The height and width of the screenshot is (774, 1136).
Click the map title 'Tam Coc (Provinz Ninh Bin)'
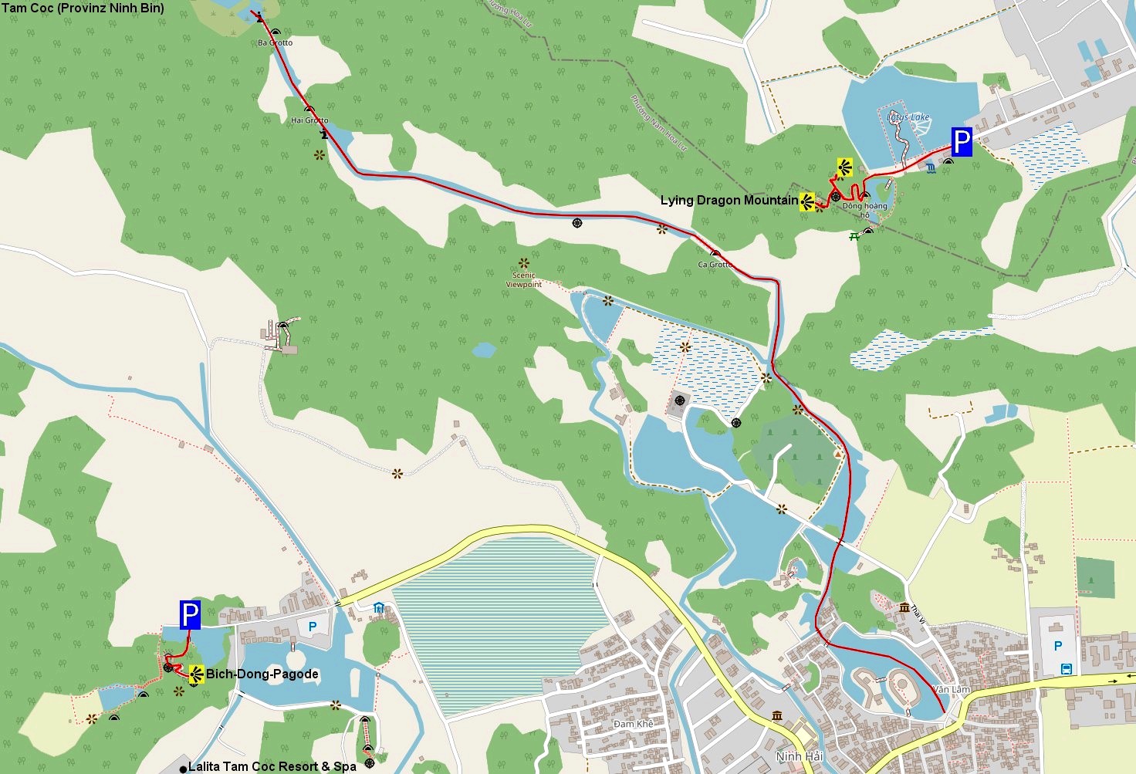[x=83, y=8]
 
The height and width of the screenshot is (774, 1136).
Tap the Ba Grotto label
[x=276, y=43]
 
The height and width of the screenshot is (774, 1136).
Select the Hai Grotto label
[x=309, y=120]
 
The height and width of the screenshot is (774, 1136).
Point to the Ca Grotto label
[x=715, y=265]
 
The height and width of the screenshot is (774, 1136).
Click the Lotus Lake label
[x=908, y=117]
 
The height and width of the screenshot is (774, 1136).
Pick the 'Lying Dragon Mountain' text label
[x=729, y=201]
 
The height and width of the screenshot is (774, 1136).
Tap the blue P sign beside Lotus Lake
[x=961, y=143]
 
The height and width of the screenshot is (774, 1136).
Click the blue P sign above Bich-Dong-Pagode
[x=190, y=614]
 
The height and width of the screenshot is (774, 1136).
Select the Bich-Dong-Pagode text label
[x=262, y=674]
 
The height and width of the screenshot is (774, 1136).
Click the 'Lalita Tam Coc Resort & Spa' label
[x=272, y=766]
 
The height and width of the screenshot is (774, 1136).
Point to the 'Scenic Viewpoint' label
[x=524, y=279]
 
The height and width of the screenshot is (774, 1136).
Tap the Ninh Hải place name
[x=799, y=756]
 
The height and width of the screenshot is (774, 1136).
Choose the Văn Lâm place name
[x=951, y=689]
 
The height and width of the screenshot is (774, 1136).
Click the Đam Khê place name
[x=634, y=724]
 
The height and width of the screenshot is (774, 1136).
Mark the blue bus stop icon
[x=1066, y=669]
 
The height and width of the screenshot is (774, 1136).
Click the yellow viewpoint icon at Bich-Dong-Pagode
[x=196, y=674]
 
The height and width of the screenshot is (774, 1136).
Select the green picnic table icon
[x=854, y=237]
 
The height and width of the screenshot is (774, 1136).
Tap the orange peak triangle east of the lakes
[x=838, y=455]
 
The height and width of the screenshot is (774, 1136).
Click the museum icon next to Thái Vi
[x=904, y=607]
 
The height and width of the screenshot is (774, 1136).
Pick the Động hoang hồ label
[x=864, y=210]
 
